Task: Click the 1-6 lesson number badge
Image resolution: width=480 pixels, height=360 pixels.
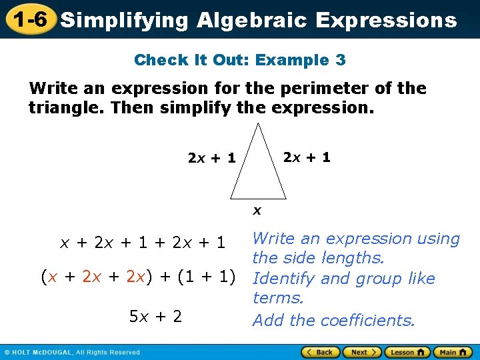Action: point(28,19)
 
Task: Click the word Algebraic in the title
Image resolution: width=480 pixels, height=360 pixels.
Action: point(252,21)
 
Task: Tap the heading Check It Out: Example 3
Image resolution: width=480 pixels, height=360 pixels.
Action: point(240,60)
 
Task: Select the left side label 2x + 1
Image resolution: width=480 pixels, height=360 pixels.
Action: point(212,159)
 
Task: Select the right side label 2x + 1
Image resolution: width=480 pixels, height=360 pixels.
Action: point(307,158)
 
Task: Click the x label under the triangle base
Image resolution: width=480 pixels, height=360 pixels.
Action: point(257,211)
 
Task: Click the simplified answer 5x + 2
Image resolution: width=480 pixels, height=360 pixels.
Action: point(155,316)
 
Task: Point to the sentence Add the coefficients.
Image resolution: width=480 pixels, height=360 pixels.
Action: point(334,321)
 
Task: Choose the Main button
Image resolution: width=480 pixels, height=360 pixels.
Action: point(452,352)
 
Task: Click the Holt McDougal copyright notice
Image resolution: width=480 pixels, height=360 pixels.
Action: point(73,352)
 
